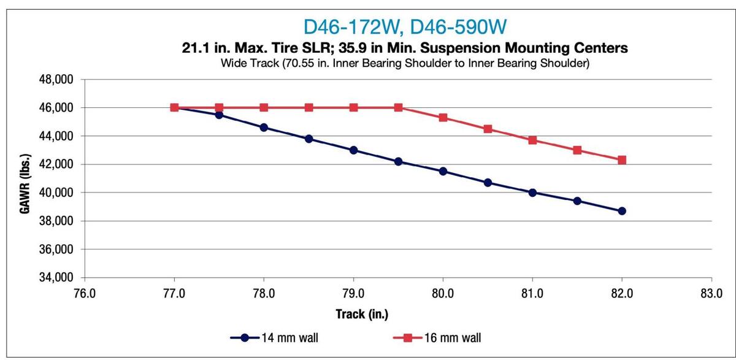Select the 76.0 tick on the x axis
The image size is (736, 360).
85,293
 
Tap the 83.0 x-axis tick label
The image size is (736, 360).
711,293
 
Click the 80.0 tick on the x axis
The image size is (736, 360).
443,293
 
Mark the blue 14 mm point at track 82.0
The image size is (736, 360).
622,211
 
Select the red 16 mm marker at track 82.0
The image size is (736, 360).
622,160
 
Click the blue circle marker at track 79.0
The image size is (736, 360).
353,150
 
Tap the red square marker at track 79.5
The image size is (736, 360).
398,107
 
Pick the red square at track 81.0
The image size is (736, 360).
532,140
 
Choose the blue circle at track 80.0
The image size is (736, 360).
443,171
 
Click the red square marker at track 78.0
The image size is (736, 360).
264,107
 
